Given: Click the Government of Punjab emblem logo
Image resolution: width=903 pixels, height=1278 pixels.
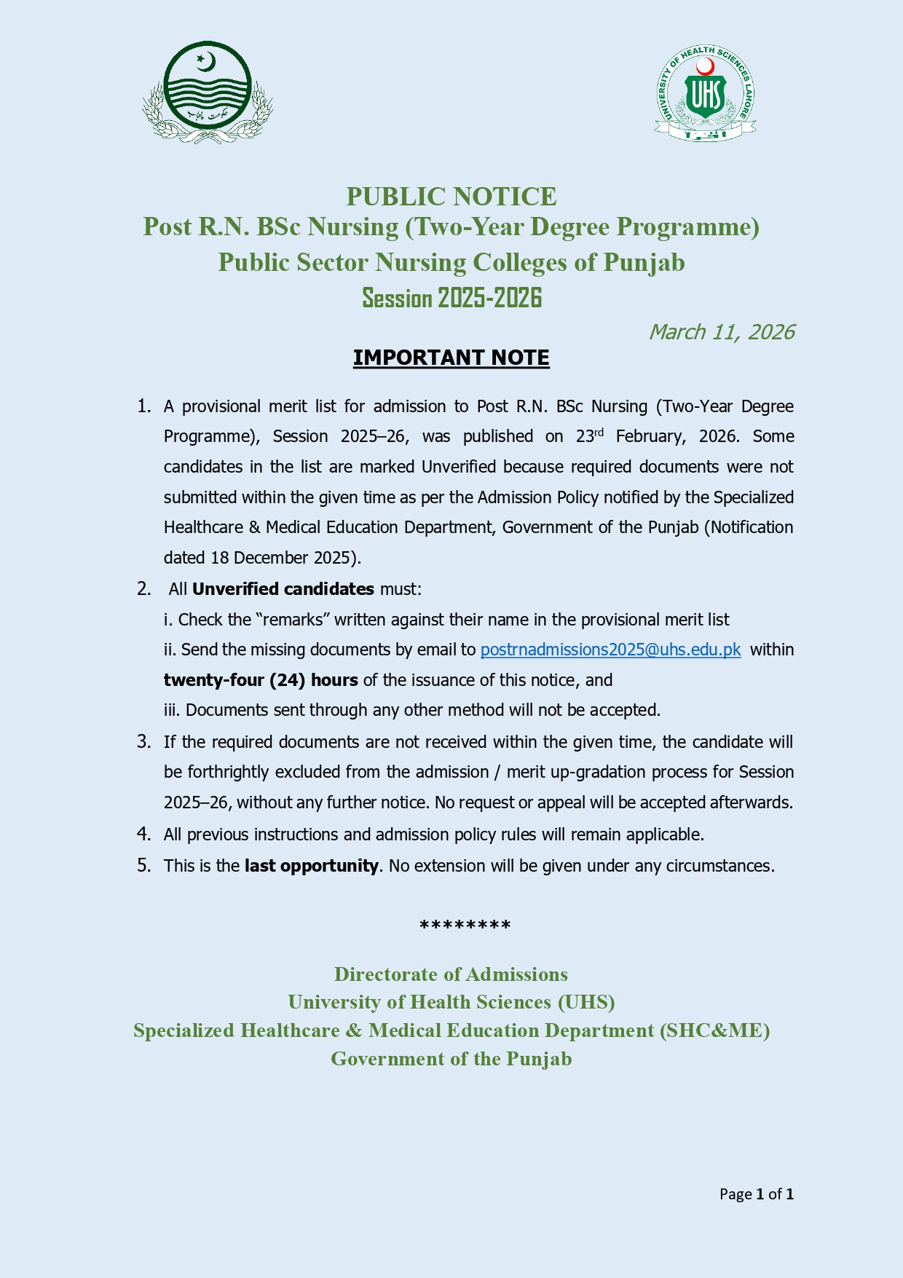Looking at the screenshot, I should click(x=208, y=92).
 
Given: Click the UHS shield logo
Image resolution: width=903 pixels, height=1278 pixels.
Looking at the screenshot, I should click(x=705, y=93).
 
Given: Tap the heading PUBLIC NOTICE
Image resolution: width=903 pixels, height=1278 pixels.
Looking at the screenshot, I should click(x=451, y=197).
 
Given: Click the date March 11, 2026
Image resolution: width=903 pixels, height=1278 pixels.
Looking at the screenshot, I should click(x=721, y=332).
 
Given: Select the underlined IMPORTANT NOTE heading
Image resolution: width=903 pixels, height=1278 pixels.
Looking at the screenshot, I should click(x=451, y=358).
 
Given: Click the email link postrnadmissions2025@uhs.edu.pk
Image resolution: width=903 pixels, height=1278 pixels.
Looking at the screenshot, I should click(x=610, y=650).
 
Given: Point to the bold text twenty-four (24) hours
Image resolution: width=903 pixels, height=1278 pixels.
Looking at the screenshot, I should click(x=261, y=680).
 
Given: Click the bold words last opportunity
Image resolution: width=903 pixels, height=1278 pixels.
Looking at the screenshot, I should click(x=311, y=866).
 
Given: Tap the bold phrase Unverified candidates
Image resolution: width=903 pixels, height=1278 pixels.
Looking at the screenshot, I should click(x=283, y=589).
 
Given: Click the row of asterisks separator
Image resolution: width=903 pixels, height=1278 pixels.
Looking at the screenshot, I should click(x=465, y=926).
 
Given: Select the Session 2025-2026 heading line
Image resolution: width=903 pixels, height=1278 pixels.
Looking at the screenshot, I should click(x=451, y=298).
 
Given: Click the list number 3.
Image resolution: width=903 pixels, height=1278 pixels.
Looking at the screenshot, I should click(x=143, y=742).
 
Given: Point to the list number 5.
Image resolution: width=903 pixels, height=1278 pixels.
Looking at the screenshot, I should click(x=143, y=866).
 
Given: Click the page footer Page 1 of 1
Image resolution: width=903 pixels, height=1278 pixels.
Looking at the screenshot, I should click(x=756, y=1194).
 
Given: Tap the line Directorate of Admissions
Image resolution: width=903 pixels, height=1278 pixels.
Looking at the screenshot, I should click(x=451, y=974).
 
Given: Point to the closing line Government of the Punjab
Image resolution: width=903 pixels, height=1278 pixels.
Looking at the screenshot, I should click(x=451, y=1059).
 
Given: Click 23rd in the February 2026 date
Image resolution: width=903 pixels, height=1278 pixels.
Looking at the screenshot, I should click(x=589, y=436).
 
